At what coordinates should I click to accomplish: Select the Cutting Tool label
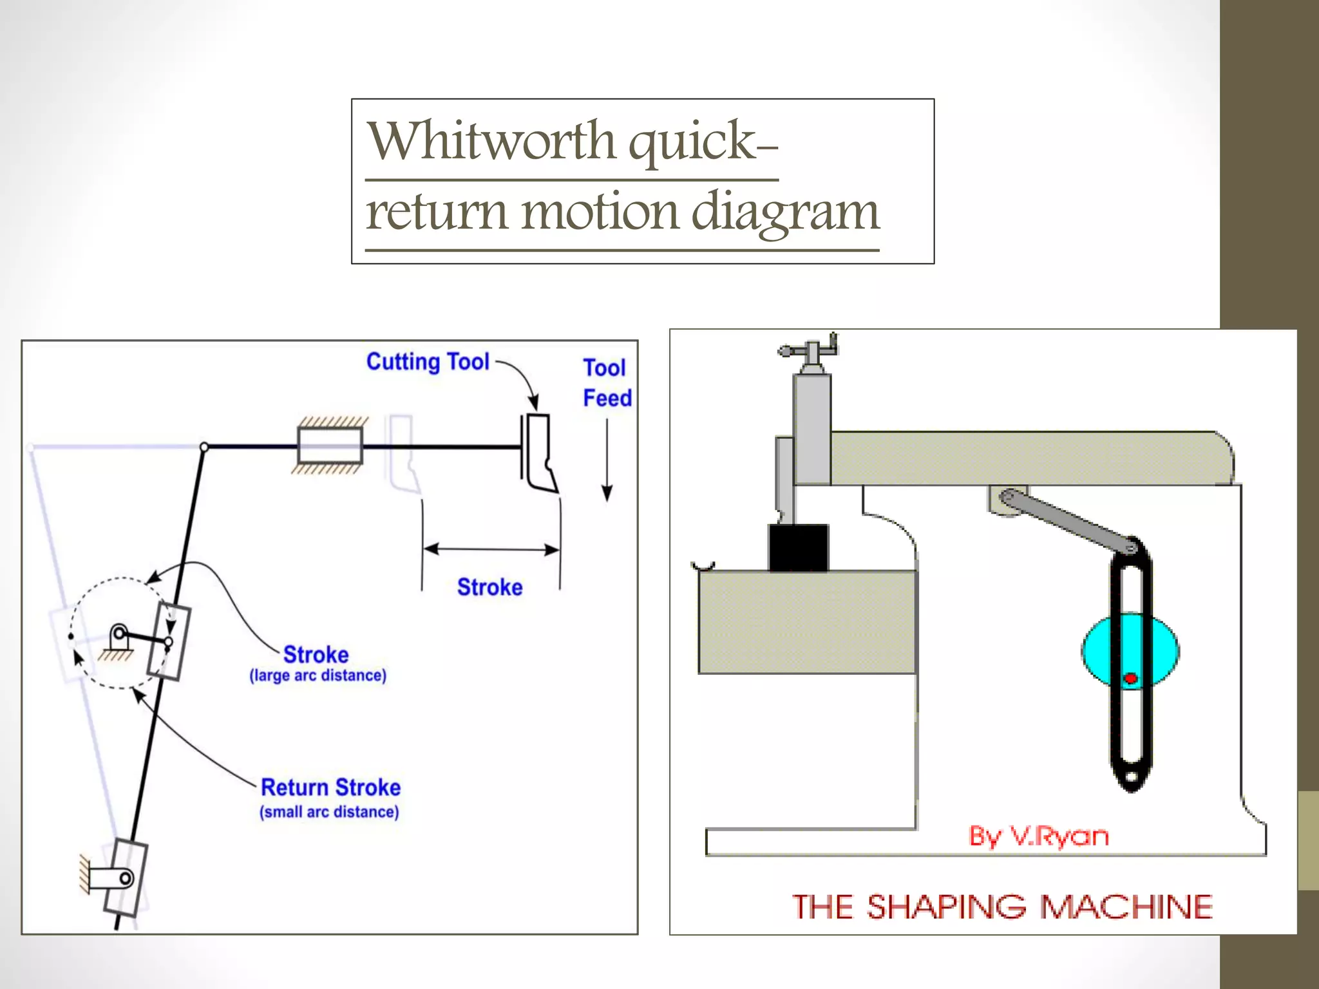428,362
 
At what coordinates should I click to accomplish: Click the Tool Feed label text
606,383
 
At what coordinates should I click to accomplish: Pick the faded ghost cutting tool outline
402,453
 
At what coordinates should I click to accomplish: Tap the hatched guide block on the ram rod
330,446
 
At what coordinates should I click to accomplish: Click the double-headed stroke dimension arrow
491,549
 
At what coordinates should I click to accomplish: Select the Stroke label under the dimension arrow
489,587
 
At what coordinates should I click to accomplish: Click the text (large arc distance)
318,675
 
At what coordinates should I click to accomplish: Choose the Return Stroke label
330,787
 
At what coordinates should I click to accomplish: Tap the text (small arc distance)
329,812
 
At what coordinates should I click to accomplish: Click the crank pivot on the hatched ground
119,635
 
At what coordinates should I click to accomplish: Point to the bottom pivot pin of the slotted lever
126,878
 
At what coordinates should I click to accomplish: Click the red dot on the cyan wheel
1130,679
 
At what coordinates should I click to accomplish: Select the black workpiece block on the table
799,547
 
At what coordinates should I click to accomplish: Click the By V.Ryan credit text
1038,836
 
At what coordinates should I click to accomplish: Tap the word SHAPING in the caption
946,907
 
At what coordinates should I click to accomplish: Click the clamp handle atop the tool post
809,351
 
